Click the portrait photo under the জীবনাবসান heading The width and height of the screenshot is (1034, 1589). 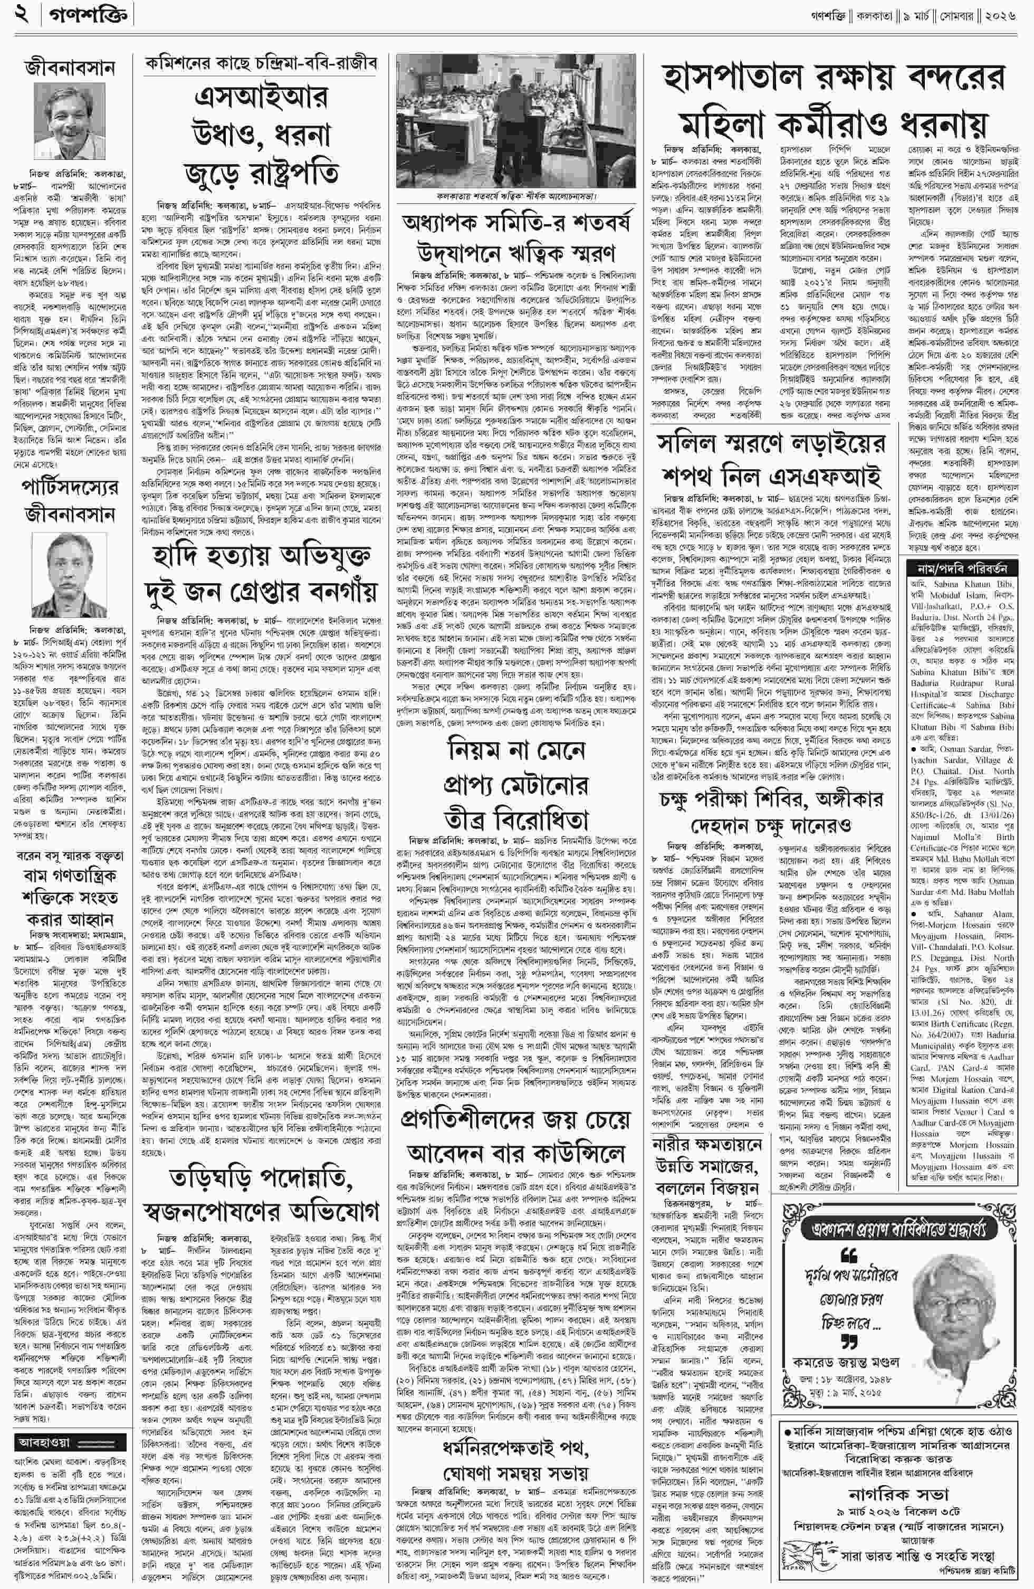coord(71,120)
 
